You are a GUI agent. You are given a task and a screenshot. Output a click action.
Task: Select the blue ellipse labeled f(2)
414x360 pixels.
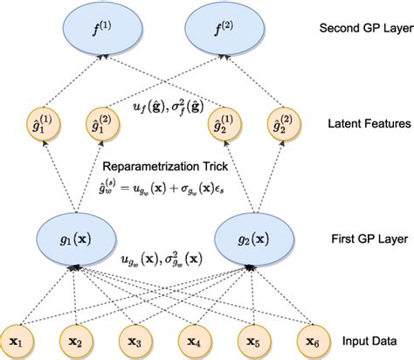click(231, 34)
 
